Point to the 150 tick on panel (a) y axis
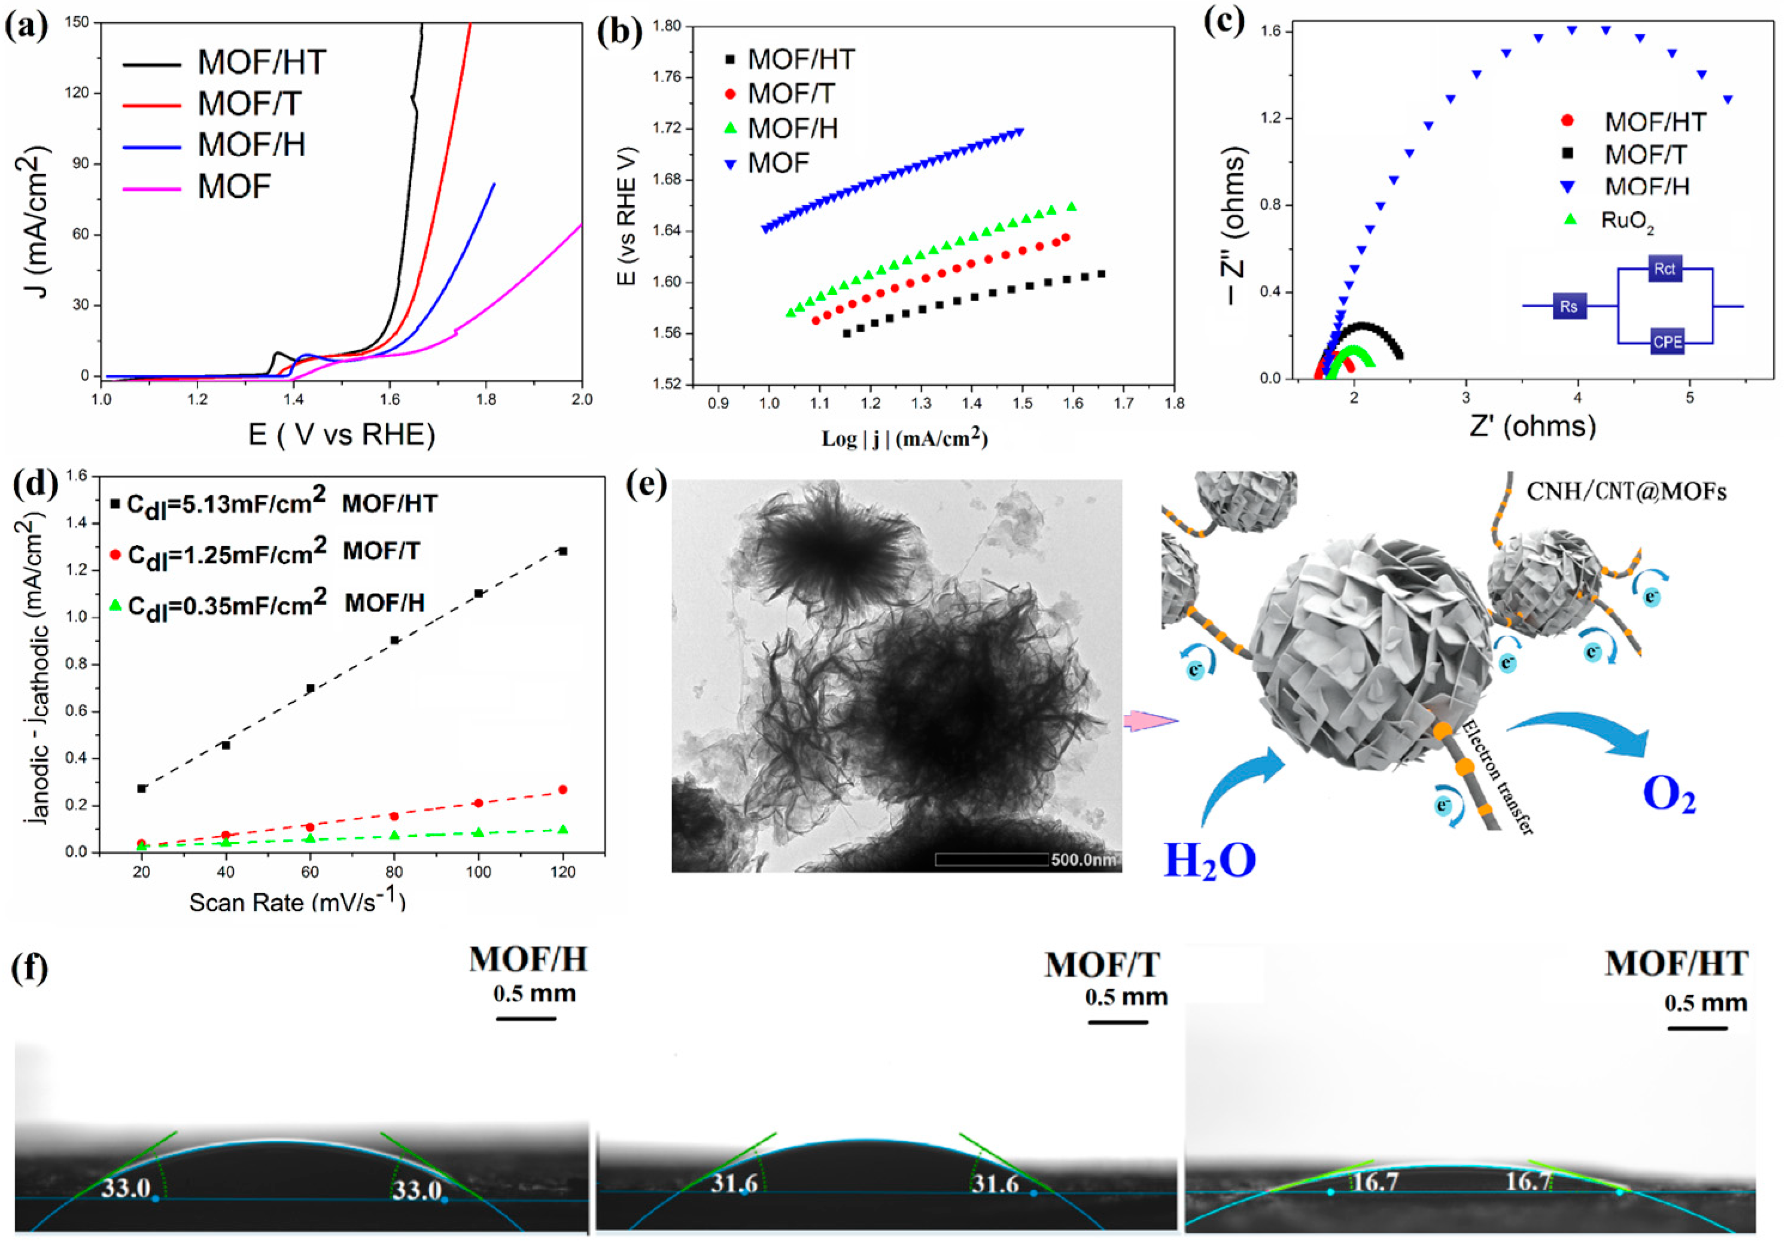(x=77, y=23)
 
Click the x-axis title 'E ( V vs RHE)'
(x=341, y=434)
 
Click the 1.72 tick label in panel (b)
(x=666, y=128)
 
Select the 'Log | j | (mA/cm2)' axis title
(x=904, y=439)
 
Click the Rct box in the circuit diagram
(x=1665, y=269)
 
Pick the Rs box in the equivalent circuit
(x=1569, y=306)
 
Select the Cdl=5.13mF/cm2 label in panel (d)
(x=226, y=504)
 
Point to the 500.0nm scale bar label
(x=1084, y=860)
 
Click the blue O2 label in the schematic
(x=1668, y=795)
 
